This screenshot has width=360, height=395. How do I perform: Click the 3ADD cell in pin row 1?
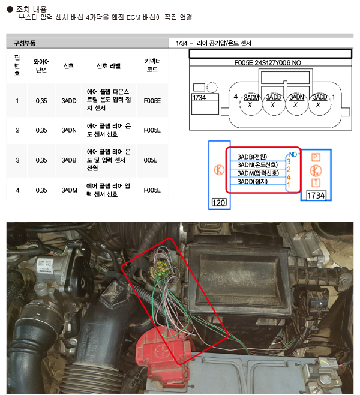pos(68,101)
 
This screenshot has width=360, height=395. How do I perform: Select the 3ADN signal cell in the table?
pos(68,130)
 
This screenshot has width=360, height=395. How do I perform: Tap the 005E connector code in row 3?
pos(151,160)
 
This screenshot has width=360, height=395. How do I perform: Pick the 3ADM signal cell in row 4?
pos(68,190)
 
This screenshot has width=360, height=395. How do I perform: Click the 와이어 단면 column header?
pos(41,66)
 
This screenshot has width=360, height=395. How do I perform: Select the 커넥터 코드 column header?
pos(151,66)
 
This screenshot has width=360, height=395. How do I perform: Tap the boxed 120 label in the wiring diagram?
pos(218,204)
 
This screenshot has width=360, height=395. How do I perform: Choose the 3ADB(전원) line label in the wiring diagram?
pos(252,157)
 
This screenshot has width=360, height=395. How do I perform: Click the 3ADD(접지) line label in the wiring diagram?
pos(252,181)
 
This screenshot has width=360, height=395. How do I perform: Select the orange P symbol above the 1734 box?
pos(316,157)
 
